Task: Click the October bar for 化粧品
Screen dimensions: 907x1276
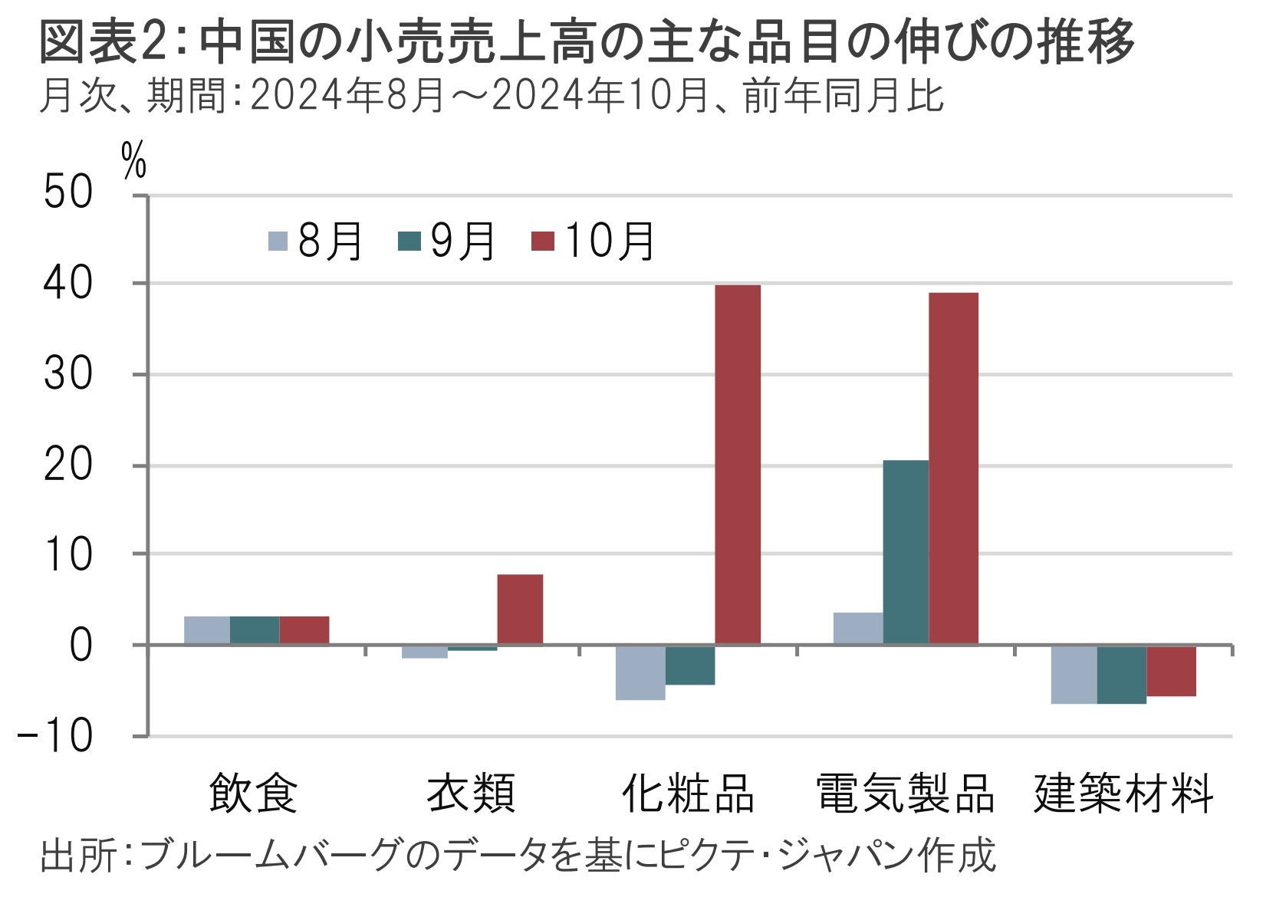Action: [738, 465]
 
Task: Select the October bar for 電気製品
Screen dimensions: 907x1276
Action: [953, 468]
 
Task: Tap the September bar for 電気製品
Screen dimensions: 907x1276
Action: [906, 552]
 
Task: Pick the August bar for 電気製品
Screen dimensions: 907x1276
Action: [858, 629]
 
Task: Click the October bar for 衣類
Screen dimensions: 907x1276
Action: [520, 610]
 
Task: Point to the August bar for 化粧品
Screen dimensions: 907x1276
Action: [640, 672]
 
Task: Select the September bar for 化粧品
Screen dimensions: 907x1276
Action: [690, 665]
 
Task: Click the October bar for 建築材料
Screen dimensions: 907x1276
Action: [1171, 671]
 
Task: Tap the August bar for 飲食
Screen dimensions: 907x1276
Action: [207, 630]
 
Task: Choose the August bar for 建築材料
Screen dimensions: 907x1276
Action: [1074, 675]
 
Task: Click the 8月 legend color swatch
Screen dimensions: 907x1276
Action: [278, 242]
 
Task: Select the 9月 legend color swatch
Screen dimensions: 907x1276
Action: [409, 242]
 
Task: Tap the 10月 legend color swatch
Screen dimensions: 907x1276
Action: [542, 242]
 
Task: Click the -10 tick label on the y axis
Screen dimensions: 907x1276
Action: [55, 736]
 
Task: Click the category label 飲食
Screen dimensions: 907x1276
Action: [253, 793]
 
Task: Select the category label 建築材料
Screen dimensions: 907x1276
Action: [1123, 793]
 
